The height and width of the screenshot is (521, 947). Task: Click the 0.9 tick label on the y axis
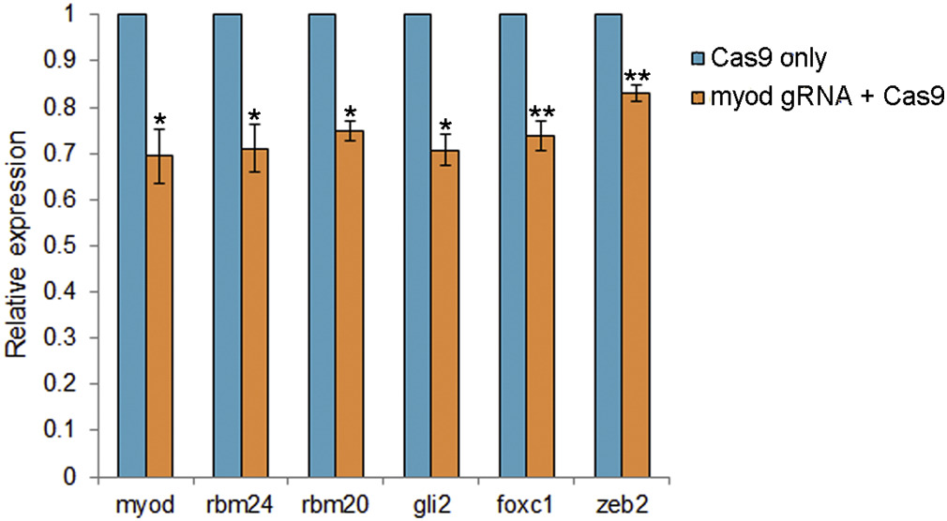pos(67,62)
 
